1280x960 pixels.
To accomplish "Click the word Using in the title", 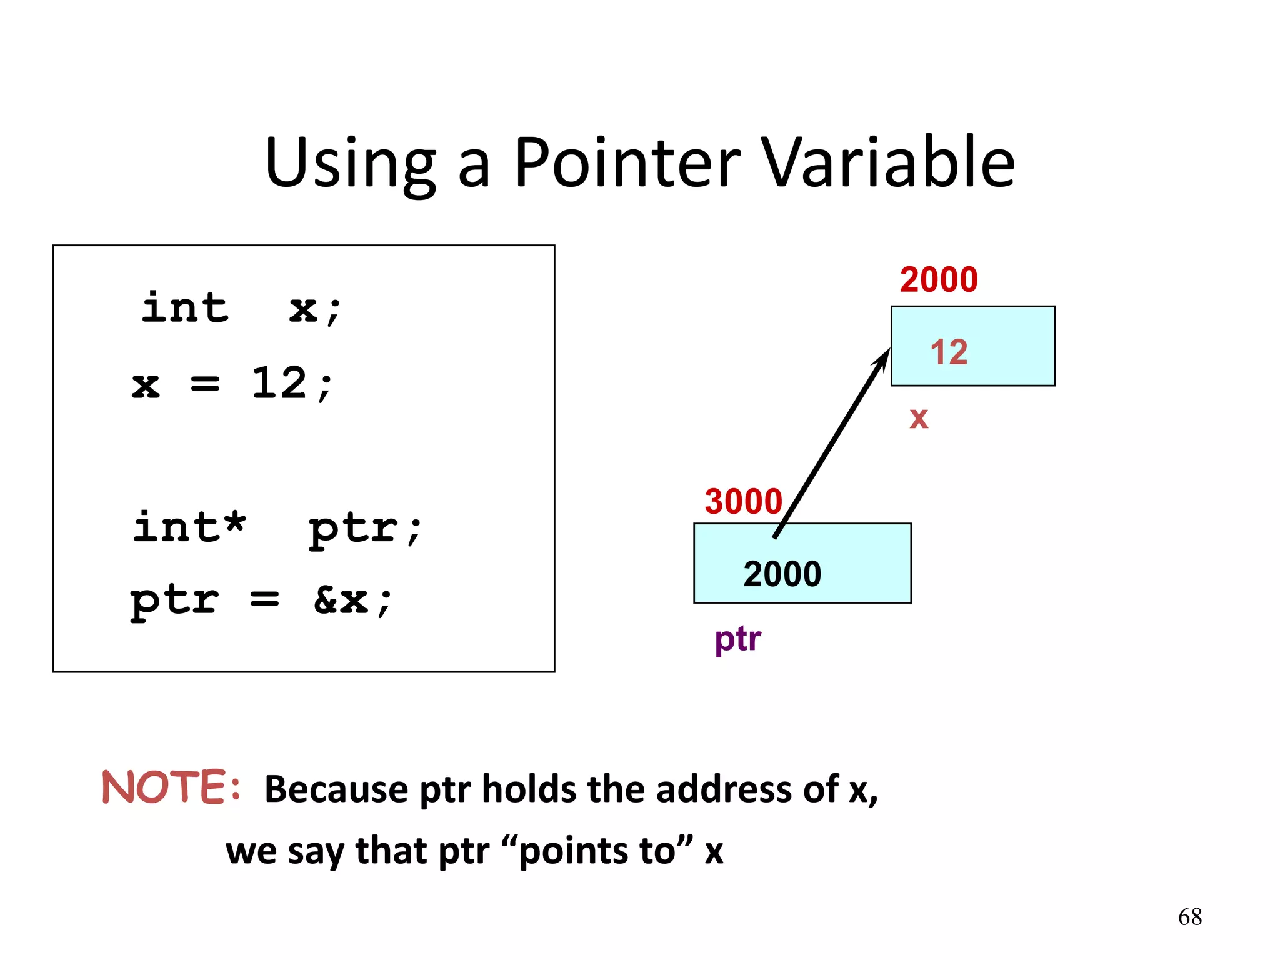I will pos(350,164).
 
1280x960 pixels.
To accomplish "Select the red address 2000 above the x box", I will pos(938,279).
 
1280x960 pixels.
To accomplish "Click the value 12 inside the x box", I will pos(948,352).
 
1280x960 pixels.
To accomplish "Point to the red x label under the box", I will pos(918,417).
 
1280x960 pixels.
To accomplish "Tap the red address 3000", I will pos(743,501).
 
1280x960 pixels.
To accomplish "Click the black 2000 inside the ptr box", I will pos(782,574).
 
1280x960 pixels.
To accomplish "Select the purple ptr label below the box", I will pos(737,639).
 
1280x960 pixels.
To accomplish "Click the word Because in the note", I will pos(336,789).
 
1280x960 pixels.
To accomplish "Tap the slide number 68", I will pos(1189,917).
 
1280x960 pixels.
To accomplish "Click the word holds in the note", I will pos(529,789).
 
